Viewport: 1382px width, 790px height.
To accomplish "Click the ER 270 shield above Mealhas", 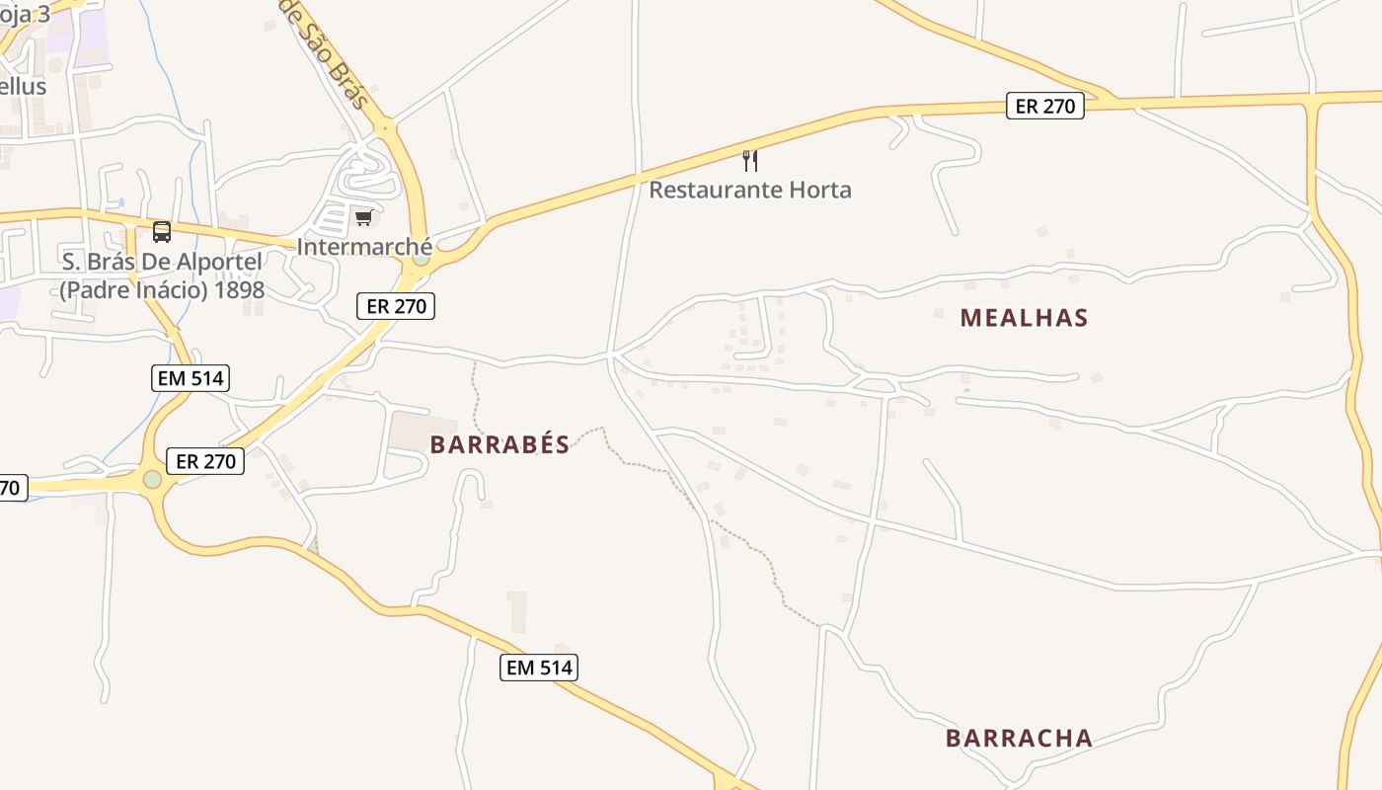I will pyautogui.click(x=1045, y=106).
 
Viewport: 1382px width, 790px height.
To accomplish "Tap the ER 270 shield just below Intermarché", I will pyautogui.click(x=396, y=306).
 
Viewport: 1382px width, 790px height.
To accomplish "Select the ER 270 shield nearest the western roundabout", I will pyautogui.click(x=204, y=460).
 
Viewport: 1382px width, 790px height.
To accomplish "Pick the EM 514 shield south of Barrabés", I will pyautogui.click(x=538, y=668).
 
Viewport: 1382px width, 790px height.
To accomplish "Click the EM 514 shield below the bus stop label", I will pyautogui.click(x=190, y=377).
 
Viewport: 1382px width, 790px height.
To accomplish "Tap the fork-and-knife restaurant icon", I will pyautogui.click(x=750, y=160).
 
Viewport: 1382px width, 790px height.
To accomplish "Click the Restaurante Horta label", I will pyautogui.click(x=750, y=190).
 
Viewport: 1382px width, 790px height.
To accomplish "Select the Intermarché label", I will pyautogui.click(x=364, y=246).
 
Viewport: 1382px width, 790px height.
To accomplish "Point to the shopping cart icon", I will pyautogui.click(x=364, y=217).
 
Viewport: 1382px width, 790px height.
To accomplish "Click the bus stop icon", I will pyautogui.click(x=162, y=232).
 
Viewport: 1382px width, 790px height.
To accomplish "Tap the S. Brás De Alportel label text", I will pyautogui.click(x=162, y=262).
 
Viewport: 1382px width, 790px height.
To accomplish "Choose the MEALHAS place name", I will pyautogui.click(x=1024, y=318).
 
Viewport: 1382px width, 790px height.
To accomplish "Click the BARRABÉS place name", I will pyautogui.click(x=499, y=444).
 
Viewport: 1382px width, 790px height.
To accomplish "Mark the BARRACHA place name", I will pyautogui.click(x=1019, y=738).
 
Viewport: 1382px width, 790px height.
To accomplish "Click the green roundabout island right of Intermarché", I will pyautogui.click(x=422, y=259).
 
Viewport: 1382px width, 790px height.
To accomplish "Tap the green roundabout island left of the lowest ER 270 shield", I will pyautogui.click(x=152, y=479).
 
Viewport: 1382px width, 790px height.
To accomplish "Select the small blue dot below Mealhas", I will pyautogui.click(x=966, y=390).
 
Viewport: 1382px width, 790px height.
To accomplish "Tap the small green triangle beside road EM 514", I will pyautogui.click(x=314, y=546).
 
